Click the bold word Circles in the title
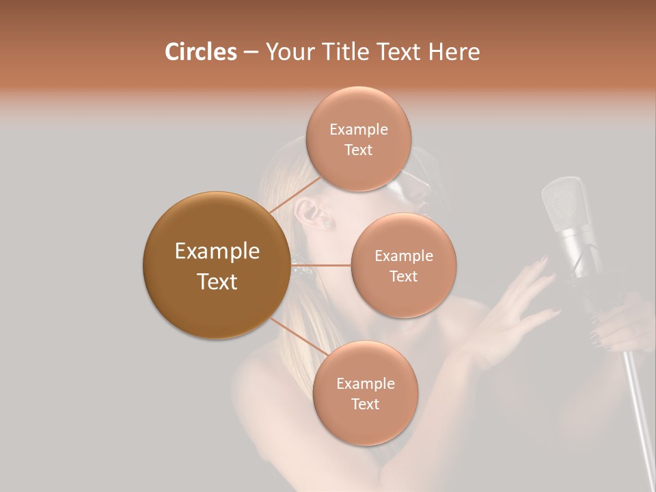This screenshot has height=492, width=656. point(200,52)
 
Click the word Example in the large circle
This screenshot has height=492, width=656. point(217,251)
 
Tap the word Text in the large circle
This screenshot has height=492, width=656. point(217,282)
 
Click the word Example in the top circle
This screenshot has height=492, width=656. point(358,130)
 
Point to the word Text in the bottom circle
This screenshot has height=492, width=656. point(365,404)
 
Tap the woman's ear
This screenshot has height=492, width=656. point(318,213)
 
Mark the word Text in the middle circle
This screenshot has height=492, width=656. point(403,276)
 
